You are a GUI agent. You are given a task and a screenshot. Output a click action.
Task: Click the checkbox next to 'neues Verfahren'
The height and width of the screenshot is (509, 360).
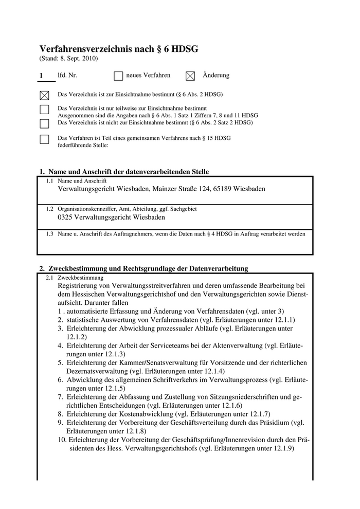(118, 76)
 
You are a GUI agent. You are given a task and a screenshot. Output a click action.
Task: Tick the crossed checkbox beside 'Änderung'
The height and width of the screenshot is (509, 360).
(190, 76)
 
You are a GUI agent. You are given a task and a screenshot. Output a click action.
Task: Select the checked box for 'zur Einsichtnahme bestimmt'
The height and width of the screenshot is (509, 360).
(44, 95)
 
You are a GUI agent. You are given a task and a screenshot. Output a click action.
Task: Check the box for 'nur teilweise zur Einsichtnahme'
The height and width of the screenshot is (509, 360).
(44, 110)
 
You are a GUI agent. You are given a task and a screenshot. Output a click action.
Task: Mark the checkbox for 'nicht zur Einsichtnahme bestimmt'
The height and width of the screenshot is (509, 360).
(44, 123)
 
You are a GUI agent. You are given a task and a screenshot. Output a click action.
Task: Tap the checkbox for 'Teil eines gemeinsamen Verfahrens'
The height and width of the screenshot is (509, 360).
(44, 139)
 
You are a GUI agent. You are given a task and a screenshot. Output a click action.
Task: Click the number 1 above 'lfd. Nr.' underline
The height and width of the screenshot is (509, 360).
(41, 76)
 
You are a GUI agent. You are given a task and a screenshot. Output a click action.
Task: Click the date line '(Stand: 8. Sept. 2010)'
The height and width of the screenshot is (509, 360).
(68, 59)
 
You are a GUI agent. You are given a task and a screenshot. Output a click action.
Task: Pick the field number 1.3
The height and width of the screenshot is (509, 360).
(50, 234)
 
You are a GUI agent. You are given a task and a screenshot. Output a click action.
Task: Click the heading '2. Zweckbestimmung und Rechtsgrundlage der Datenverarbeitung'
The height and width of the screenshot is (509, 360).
(144, 268)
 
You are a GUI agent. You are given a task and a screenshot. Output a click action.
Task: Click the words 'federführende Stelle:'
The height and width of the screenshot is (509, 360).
(83, 146)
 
